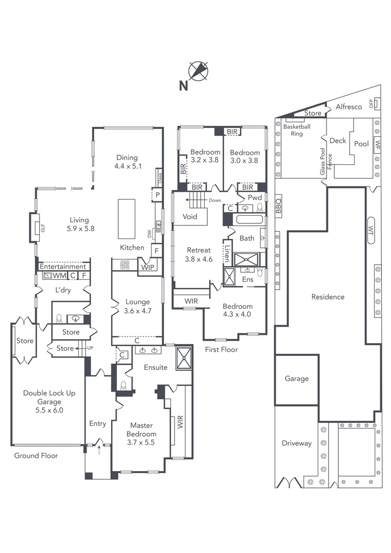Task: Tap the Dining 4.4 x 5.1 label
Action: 127,162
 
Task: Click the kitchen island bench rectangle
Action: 126,219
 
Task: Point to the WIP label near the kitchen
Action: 147,266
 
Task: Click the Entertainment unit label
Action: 63,267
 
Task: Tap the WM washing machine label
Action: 60,276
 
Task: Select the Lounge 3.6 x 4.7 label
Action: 137,306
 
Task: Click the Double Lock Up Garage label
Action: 49,401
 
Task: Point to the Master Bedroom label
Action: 142,434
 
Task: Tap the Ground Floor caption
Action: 36,455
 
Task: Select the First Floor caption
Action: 221,349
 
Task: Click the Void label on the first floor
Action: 190,217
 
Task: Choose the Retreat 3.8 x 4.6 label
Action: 199,254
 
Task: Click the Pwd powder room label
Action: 255,198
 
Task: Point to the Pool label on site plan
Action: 361,144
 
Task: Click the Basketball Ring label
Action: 297,130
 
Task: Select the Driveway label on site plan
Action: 297,443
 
